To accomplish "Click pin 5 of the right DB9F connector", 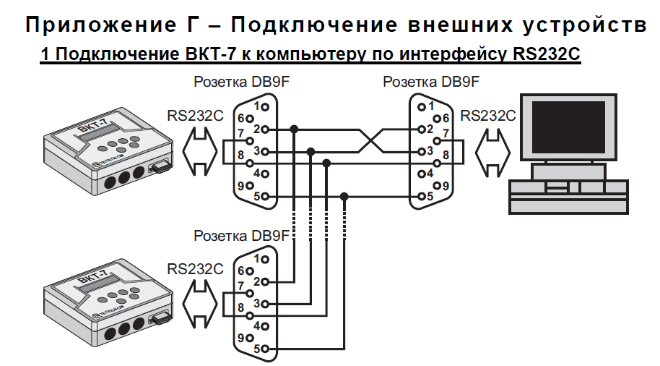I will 418,196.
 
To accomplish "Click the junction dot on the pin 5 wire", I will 344,196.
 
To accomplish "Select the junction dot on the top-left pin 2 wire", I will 294,129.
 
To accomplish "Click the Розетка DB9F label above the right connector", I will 431,82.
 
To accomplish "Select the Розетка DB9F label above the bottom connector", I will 241,236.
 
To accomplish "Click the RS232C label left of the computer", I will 488,114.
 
